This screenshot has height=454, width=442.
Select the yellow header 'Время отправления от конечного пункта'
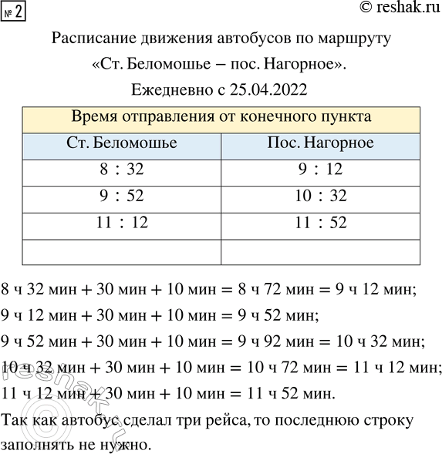(x=221, y=118)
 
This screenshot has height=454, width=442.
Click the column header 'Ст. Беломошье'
(x=122, y=144)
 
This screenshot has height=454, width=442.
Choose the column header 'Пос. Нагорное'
(x=321, y=144)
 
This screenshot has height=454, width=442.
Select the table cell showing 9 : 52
(x=122, y=197)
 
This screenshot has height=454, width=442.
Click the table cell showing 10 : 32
(x=321, y=197)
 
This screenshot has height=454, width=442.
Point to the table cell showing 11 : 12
(x=122, y=224)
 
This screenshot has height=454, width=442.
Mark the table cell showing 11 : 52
(x=321, y=224)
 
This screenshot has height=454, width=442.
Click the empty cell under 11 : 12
(x=122, y=251)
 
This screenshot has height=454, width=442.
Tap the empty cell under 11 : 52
(x=321, y=251)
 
